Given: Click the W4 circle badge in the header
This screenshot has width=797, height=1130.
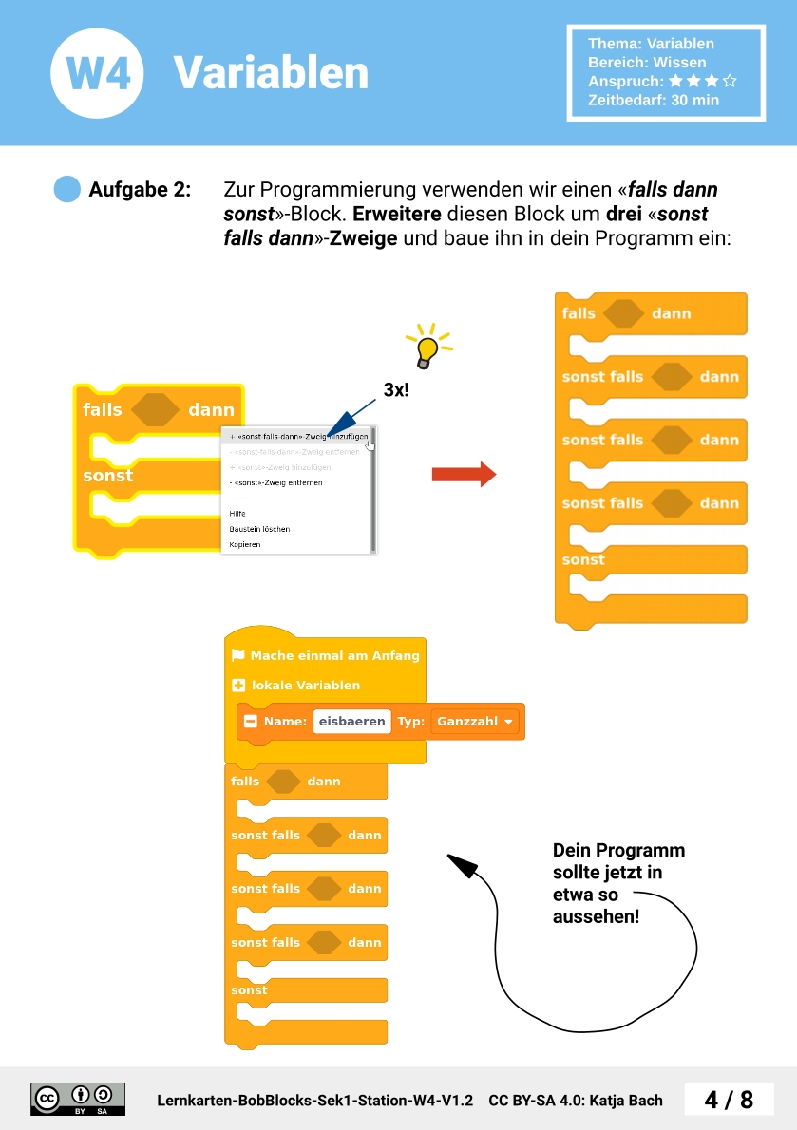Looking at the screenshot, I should click(x=97, y=73).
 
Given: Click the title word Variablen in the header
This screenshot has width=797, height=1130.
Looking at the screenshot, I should click(x=271, y=73).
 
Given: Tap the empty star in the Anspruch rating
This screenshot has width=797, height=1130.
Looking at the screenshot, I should click(x=730, y=82).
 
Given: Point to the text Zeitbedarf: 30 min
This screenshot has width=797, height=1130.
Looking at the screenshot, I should click(x=653, y=100).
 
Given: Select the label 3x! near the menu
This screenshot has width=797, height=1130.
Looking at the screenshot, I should click(x=396, y=389).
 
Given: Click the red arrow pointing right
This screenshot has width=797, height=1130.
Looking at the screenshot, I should click(x=464, y=474).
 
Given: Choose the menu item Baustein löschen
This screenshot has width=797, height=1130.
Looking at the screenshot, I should click(x=259, y=529).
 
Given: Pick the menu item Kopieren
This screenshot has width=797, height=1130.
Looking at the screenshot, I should click(x=245, y=545).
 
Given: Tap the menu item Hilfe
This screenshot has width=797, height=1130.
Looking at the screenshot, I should click(x=237, y=513).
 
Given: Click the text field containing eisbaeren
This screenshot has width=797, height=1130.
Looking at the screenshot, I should click(x=351, y=722).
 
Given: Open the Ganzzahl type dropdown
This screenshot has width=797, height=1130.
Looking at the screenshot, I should click(x=476, y=722).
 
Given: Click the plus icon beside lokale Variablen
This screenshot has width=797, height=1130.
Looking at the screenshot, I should click(x=238, y=685).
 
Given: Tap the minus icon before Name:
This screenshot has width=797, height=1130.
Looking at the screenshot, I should click(x=251, y=722).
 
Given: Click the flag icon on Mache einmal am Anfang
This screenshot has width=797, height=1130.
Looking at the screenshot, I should click(x=237, y=655).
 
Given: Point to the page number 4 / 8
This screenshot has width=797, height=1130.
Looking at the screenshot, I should click(x=729, y=1100).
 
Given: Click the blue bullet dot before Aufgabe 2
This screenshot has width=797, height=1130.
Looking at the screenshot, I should click(x=67, y=189).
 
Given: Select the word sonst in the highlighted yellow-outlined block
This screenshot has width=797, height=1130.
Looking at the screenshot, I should click(x=108, y=476).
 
